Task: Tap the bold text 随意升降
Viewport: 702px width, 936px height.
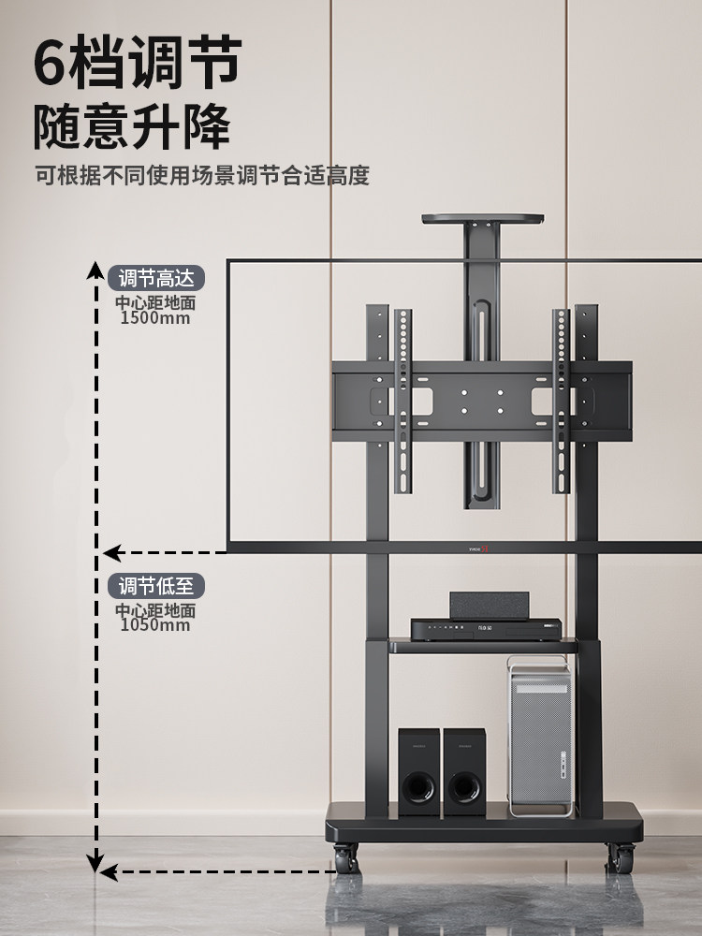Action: click(132, 125)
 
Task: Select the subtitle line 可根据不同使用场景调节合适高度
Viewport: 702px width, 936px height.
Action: click(202, 175)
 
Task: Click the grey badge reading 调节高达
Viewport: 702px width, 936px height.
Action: click(156, 278)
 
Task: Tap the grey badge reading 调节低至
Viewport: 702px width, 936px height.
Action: click(156, 586)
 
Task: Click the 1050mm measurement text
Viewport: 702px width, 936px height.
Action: click(155, 625)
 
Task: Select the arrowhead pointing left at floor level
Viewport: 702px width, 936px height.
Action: click(109, 872)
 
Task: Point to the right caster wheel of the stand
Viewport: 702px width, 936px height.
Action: click(620, 856)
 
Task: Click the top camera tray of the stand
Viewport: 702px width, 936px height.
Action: click(483, 220)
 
